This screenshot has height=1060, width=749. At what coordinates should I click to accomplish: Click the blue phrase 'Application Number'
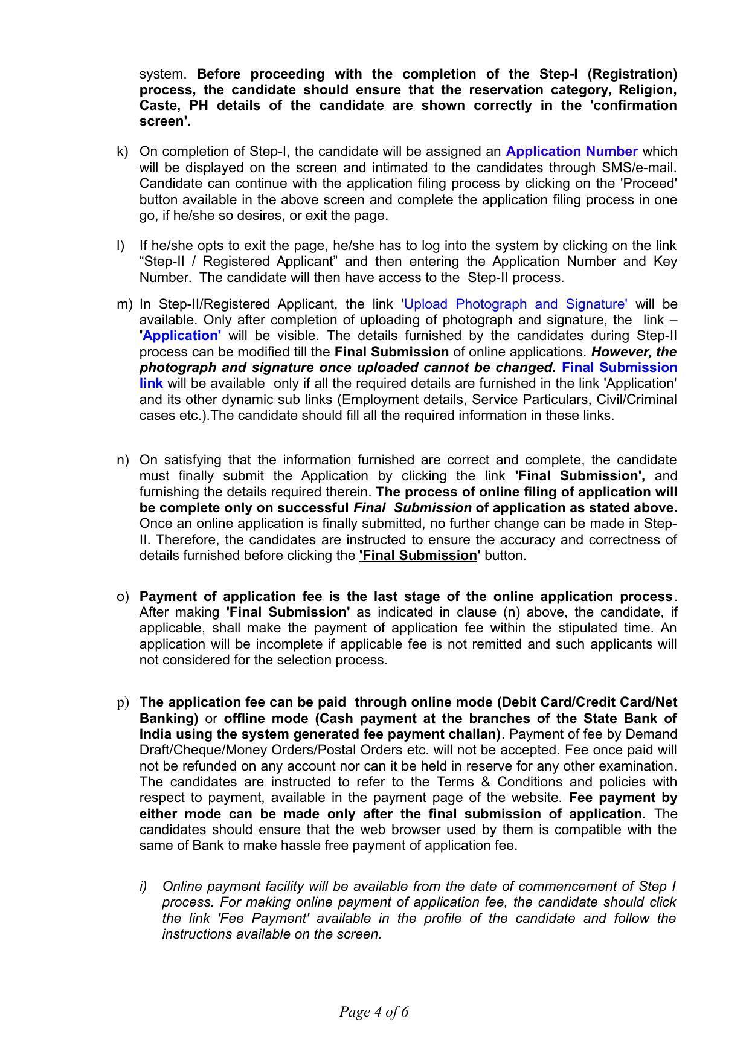(x=571, y=151)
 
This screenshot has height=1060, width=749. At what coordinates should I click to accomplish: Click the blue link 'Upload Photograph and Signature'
(x=515, y=304)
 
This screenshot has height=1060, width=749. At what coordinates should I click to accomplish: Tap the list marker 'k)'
(x=122, y=151)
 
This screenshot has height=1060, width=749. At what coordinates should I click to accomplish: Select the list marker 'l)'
(x=120, y=245)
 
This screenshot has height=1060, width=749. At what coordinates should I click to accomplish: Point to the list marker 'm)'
(x=124, y=304)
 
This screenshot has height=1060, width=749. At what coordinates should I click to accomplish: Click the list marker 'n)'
(x=123, y=460)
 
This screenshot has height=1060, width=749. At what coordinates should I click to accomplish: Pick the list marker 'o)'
(x=123, y=596)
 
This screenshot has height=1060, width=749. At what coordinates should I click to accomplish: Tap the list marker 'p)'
(x=123, y=702)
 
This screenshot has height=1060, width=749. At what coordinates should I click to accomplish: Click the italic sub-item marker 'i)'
(x=143, y=886)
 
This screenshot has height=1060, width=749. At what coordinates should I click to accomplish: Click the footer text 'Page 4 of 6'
(x=374, y=1011)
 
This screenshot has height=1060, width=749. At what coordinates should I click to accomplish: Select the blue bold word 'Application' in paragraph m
(x=181, y=336)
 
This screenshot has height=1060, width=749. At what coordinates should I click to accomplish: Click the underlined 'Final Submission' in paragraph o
(x=288, y=612)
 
